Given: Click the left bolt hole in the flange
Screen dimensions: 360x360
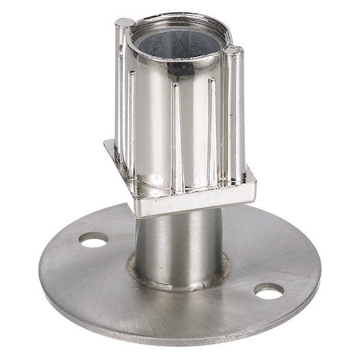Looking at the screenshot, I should (x=94, y=239).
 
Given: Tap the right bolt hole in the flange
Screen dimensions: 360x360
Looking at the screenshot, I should (x=269, y=291).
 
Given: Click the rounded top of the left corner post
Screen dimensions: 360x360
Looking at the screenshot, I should (x=124, y=23).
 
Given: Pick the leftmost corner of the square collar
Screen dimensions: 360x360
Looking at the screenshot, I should (x=106, y=145).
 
